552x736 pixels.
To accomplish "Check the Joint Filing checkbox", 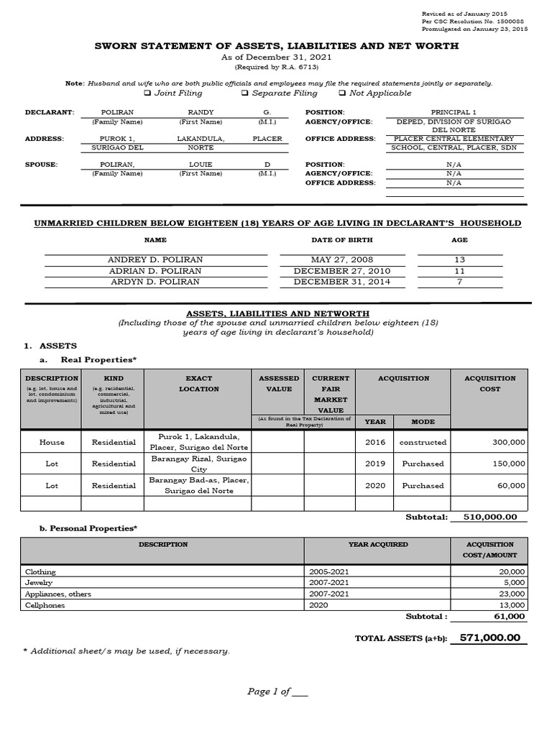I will (x=147, y=93).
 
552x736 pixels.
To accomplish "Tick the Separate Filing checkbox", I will (x=245, y=93).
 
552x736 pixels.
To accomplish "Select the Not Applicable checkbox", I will (x=342, y=93).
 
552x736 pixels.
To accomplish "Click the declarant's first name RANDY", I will (x=201, y=113).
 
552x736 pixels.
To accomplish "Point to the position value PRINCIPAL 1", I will (x=454, y=113).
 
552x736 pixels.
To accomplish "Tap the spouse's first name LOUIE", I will (x=201, y=165).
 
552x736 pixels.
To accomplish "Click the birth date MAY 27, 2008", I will (x=342, y=259).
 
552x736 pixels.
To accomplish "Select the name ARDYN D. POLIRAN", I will (x=155, y=282).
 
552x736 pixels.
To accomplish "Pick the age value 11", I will (x=460, y=271).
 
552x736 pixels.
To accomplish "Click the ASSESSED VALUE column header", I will (x=279, y=383).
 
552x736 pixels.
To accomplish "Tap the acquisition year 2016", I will (x=374, y=442).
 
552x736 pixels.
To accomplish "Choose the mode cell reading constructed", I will (x=423, y=442).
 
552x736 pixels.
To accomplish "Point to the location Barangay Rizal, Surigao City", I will (x=198, y=464).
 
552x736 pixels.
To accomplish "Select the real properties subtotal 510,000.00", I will (x=489, y=517).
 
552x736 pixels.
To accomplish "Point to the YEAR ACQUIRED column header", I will (x=377, y=545).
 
